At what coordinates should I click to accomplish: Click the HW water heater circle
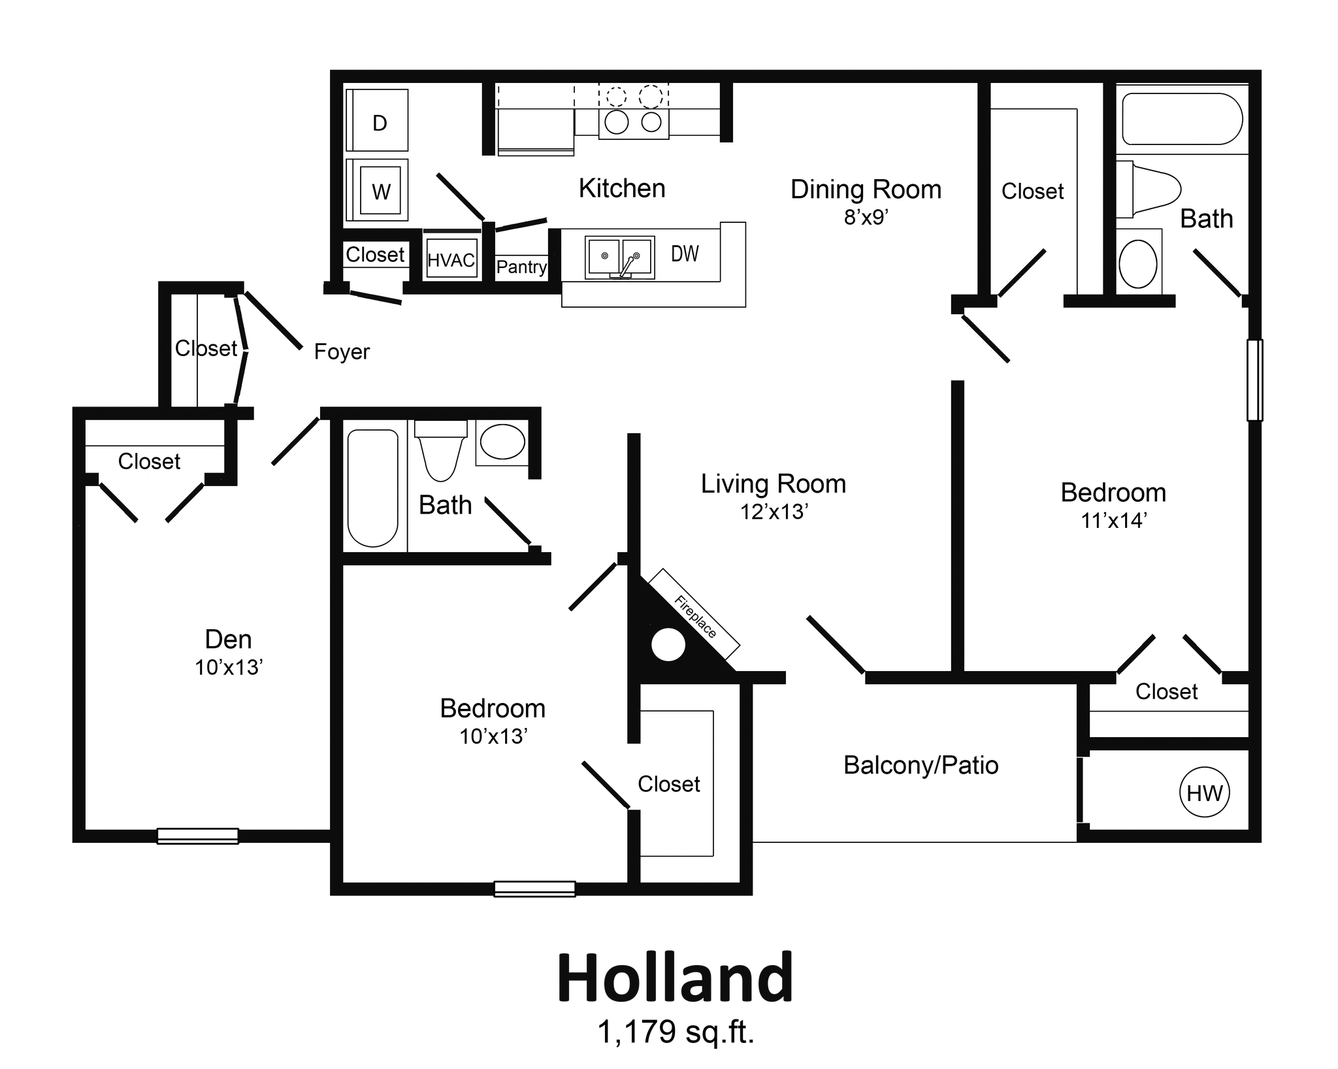point(1204,793)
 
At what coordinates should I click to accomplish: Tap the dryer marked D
point(378,122)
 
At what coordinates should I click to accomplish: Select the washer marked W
point(380,191)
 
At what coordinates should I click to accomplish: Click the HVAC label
point(451,260)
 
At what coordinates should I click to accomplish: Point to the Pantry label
point(521,267)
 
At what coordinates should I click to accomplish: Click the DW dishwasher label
point(685,254)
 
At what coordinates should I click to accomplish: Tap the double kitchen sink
point(620,257)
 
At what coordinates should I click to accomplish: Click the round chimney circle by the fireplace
point(668,645)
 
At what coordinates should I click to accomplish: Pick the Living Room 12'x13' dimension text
point(774,512)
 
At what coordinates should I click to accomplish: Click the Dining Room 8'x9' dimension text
point(866,218)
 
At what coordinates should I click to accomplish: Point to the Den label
point(228,639)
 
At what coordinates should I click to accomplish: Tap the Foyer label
point(342,352)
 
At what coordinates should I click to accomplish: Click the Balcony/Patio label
point(921,765)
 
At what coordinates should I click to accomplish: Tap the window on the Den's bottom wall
point(198,836)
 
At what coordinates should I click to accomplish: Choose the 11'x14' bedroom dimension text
point(1113,521)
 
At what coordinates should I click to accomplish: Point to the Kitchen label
point(621,188)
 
